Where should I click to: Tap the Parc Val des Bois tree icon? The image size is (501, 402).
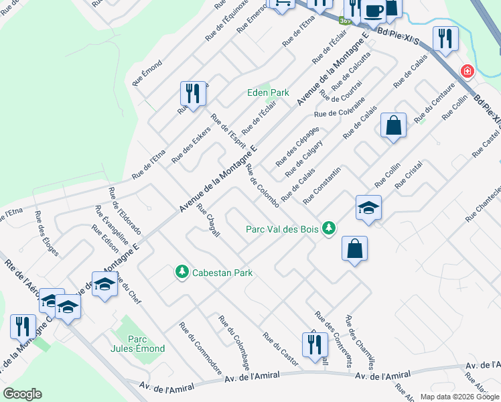click(x=328, y=228)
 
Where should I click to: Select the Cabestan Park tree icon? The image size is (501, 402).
click(x=181, y=272)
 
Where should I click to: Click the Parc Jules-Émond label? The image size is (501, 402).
click(x=132, y=342)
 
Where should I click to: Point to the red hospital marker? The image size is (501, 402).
click(x=466, y=71)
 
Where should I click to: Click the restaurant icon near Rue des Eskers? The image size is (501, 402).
click(x=192, y=94)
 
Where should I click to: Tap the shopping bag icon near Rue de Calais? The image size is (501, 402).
click(x=393, y=125)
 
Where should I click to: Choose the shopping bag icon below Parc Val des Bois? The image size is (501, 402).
click(x=354, y=249)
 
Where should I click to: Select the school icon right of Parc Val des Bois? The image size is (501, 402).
click(x=368, y=208)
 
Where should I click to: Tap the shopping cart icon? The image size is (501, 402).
click(x=281, y=3)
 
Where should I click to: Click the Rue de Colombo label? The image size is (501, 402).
click(x=262, y=185)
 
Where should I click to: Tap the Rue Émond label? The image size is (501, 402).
click(x=147, y=72)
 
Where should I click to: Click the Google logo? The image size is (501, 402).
click(x=22, y=394)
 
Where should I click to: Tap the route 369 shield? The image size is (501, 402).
click(x=344, y=21)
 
